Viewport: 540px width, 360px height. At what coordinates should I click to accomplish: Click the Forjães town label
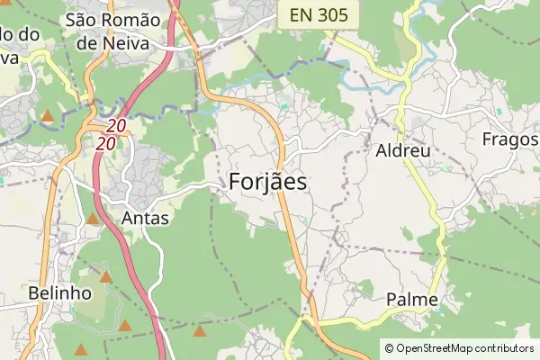coord(268,182)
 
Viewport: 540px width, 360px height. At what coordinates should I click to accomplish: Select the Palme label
coord(411,300)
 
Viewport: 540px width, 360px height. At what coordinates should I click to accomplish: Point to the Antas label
coord(144,219)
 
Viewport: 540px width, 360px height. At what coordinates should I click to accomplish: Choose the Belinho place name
coord(60,293)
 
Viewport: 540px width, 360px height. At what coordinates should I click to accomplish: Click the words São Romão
coord(113,20)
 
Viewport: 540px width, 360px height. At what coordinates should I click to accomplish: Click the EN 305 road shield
coord(319,14)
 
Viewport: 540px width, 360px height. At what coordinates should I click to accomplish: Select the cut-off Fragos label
coord(510,139)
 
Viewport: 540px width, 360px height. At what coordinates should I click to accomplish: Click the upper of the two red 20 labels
coord(115,128)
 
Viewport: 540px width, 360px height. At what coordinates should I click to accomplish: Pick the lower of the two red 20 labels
coord(107,143)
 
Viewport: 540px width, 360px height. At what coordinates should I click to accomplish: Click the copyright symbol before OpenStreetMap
coord(389,347)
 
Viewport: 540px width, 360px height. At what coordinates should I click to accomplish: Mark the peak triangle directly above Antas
coord(93,218)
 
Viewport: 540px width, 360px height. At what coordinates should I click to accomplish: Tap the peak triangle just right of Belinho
coord(106,277)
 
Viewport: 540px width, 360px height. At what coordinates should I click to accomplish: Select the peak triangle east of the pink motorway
coord(199,331)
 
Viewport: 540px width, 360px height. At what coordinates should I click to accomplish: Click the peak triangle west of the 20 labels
coord(47,116)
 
